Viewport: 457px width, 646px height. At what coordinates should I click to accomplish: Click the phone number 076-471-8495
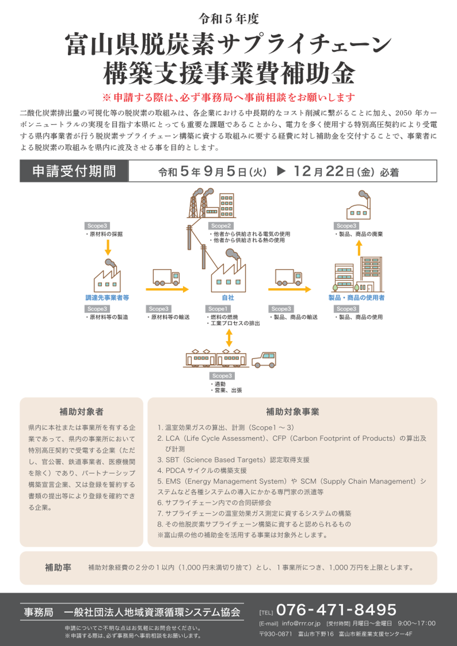(336, 610)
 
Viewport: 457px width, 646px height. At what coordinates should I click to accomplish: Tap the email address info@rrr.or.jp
(301, 623)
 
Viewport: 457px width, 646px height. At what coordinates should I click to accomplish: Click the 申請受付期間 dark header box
(74, 171)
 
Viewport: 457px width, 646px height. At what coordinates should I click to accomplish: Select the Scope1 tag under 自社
(218, 309)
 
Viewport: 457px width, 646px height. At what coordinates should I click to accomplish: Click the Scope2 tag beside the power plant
(221, 226)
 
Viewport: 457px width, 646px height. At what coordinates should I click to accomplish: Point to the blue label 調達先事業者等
(107, 298)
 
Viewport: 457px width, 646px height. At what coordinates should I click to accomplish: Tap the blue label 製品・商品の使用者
(356, 298)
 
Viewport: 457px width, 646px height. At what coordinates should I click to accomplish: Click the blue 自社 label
(228, 298)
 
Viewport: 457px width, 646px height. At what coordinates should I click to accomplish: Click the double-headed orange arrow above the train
(229, 338)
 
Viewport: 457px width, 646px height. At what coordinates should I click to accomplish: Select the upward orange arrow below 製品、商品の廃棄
(359, 248)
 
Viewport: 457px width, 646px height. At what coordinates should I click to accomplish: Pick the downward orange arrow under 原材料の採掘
(108, 248)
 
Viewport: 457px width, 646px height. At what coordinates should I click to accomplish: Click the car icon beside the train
(264, 360)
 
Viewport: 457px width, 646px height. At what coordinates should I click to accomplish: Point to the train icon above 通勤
(216, 359)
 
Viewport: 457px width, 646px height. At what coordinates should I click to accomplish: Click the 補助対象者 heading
(82, 411)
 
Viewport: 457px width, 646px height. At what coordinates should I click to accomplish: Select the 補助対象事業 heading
(293, 411)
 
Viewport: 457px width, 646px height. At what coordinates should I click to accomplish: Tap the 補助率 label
(58, 568)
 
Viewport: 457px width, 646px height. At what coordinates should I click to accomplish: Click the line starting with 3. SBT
(233, 460)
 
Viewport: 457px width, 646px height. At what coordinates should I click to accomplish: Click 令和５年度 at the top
(229, 19)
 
